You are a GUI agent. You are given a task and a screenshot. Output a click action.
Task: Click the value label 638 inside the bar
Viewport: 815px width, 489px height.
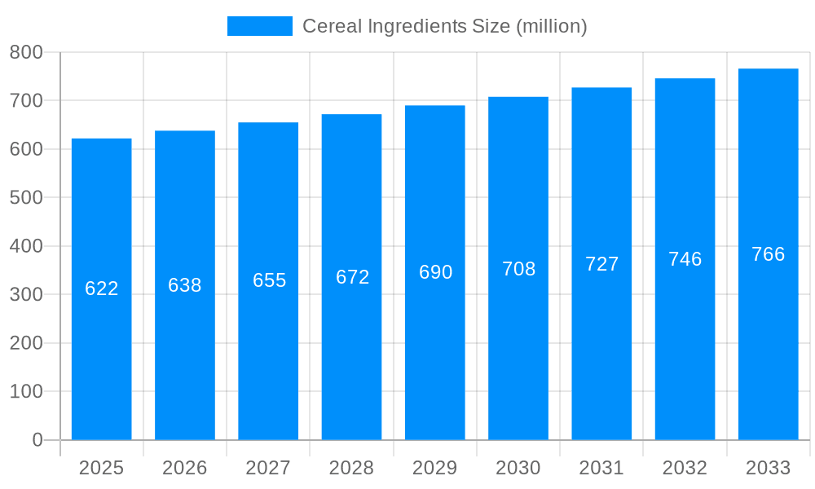coord(185,285)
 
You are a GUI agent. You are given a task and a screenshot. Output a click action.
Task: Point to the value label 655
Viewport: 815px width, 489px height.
coord(269,280)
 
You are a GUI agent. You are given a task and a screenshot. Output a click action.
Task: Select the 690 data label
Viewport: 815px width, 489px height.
coord(435,272)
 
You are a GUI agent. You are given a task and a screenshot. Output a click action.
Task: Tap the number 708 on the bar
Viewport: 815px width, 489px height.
coord(518,269)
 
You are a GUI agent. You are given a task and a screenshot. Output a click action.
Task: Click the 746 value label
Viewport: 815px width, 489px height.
coord(685,259)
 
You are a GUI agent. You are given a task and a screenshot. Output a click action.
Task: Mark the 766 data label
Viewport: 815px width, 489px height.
coord(768,254)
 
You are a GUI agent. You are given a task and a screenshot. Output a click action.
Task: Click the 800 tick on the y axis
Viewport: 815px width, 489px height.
coord(26,52)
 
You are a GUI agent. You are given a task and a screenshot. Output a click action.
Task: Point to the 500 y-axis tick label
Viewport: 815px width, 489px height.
coord(26,197)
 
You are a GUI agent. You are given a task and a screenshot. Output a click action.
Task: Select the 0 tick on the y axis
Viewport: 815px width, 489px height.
coord(37,440)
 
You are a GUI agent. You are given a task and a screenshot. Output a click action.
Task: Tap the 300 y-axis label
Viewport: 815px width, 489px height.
coord(26,294)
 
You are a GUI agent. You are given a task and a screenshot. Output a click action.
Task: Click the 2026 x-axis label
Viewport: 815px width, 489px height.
coord(185,468)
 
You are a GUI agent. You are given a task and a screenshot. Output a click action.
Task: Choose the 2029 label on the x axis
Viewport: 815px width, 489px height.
coord(435,468)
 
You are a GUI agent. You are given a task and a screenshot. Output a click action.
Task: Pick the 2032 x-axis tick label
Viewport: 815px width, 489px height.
coord(685,468)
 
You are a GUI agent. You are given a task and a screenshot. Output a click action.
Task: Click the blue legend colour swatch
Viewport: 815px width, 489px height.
coord(259,26)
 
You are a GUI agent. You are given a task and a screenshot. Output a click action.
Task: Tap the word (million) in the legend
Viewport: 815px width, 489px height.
coord(551,26)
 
